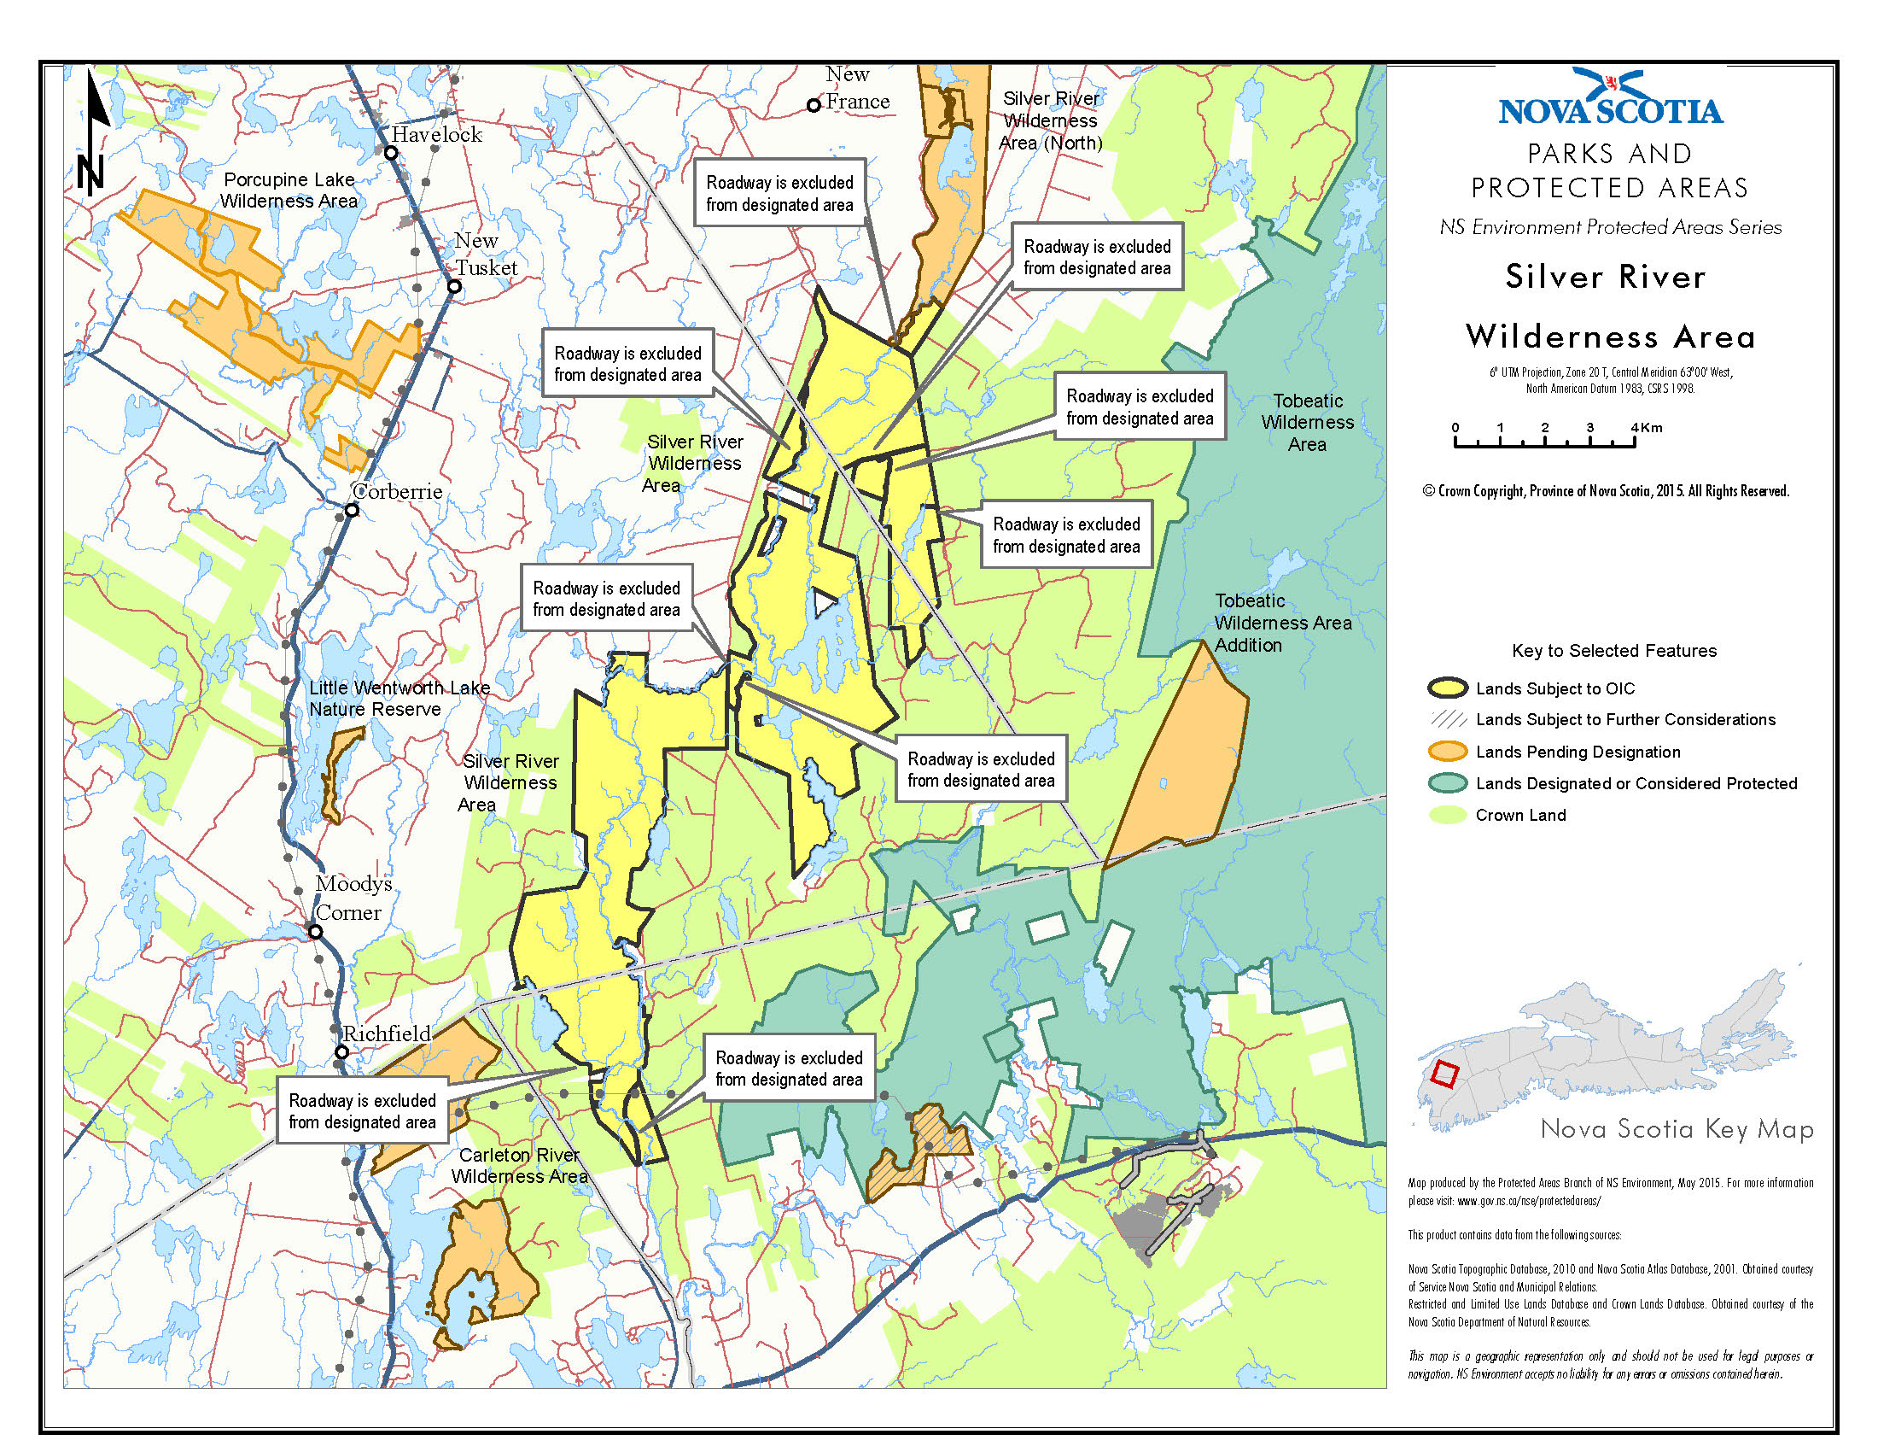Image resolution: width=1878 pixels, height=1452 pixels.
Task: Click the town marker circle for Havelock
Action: point(391,153)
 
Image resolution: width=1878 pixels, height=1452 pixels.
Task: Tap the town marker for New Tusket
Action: point(455,286)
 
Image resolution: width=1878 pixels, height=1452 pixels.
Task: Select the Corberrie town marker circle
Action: point(352,510)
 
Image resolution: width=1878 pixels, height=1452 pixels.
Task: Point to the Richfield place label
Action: point(386,1033)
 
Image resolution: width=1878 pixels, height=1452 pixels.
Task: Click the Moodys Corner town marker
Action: point(316,932)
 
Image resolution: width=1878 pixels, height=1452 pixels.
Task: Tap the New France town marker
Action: point(814,106)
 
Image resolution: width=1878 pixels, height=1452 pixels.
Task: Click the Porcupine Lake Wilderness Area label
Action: point(289,190)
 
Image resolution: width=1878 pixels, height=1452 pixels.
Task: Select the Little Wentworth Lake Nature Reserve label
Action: point(399,699)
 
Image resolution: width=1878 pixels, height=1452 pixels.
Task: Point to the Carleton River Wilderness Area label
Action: point(519,1166)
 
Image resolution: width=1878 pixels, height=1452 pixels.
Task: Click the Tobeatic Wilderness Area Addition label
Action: point(1282,623)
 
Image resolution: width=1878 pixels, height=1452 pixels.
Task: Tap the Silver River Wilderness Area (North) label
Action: point(1051,121)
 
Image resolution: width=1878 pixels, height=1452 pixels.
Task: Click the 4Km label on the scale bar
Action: point(1647,428)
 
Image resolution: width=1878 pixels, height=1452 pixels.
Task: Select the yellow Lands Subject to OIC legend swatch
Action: point(1447,688)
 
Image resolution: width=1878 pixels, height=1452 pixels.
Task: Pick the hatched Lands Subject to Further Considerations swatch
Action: point(1447,719)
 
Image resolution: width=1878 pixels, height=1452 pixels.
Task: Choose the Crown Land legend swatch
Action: point(1447,815)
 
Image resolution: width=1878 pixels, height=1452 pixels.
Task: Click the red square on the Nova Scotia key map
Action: point(1445,1074)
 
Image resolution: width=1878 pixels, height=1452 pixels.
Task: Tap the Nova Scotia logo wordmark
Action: point(1610,110)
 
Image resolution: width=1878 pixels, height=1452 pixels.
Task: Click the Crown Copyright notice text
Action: point(1606,491)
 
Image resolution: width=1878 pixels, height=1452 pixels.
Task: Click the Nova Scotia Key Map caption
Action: point(1676,1128)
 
